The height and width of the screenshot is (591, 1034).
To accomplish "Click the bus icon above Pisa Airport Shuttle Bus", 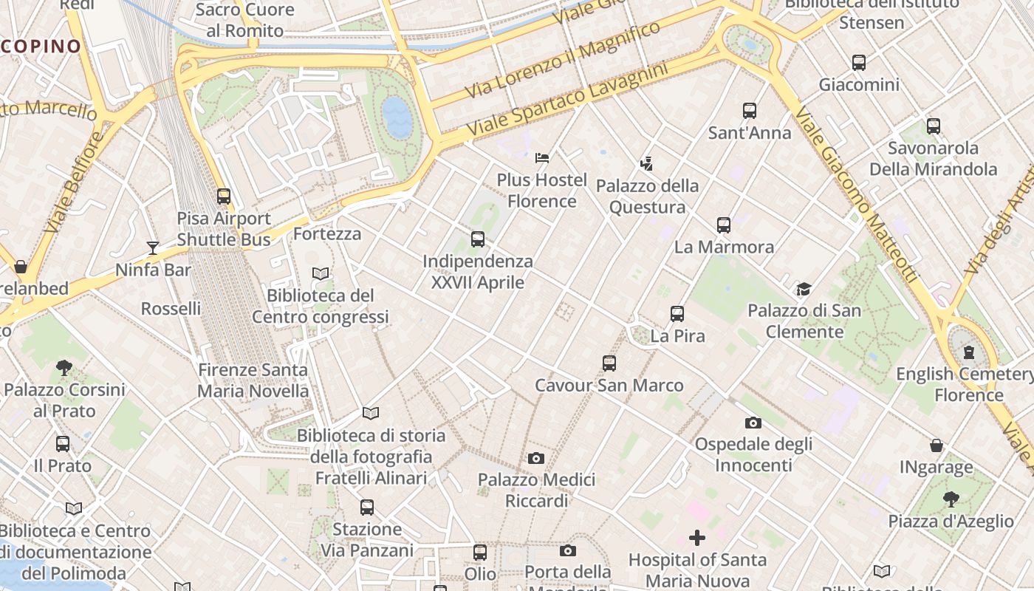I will click(x=224, y=197).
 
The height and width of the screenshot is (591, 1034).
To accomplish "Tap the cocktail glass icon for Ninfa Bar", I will click(x=153, y=247).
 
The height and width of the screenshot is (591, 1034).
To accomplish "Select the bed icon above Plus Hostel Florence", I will click(x=542, y=157).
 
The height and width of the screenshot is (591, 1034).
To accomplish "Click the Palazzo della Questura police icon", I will click(x=647, y=163).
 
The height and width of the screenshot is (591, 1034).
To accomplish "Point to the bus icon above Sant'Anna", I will click(x=750, y=111).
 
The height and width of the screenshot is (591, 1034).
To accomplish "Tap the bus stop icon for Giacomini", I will click(x=858, y=63).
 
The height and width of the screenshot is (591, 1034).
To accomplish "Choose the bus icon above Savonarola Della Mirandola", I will click(x=933, y=126).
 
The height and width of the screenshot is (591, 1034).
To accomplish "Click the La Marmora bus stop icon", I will click(x=724, y=225).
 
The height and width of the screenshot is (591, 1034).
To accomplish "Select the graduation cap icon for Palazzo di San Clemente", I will click(x=804, y=289).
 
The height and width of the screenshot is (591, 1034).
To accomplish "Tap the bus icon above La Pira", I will click(x=677, y=314).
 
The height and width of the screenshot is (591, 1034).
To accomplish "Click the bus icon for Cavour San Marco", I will click(x=609, y=363).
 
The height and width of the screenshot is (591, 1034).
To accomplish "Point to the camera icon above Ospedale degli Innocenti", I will click(x=753, y=423).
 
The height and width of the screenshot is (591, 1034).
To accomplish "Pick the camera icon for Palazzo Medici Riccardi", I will click(x=536, y=458).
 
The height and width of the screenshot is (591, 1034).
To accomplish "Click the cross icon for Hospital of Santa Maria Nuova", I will click(x=697, y=538).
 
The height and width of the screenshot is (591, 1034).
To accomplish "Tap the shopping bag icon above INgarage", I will click(x=936, y=445).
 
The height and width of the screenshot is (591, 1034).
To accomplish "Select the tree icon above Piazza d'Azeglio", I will click(x=951, y=499).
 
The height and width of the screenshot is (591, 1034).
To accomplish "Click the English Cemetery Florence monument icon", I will click(x=968, y=352).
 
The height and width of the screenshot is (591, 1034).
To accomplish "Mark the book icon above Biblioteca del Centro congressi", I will click(x=321, y=273).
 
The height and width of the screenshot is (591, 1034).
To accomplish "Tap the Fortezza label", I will click(x=327, y=234).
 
